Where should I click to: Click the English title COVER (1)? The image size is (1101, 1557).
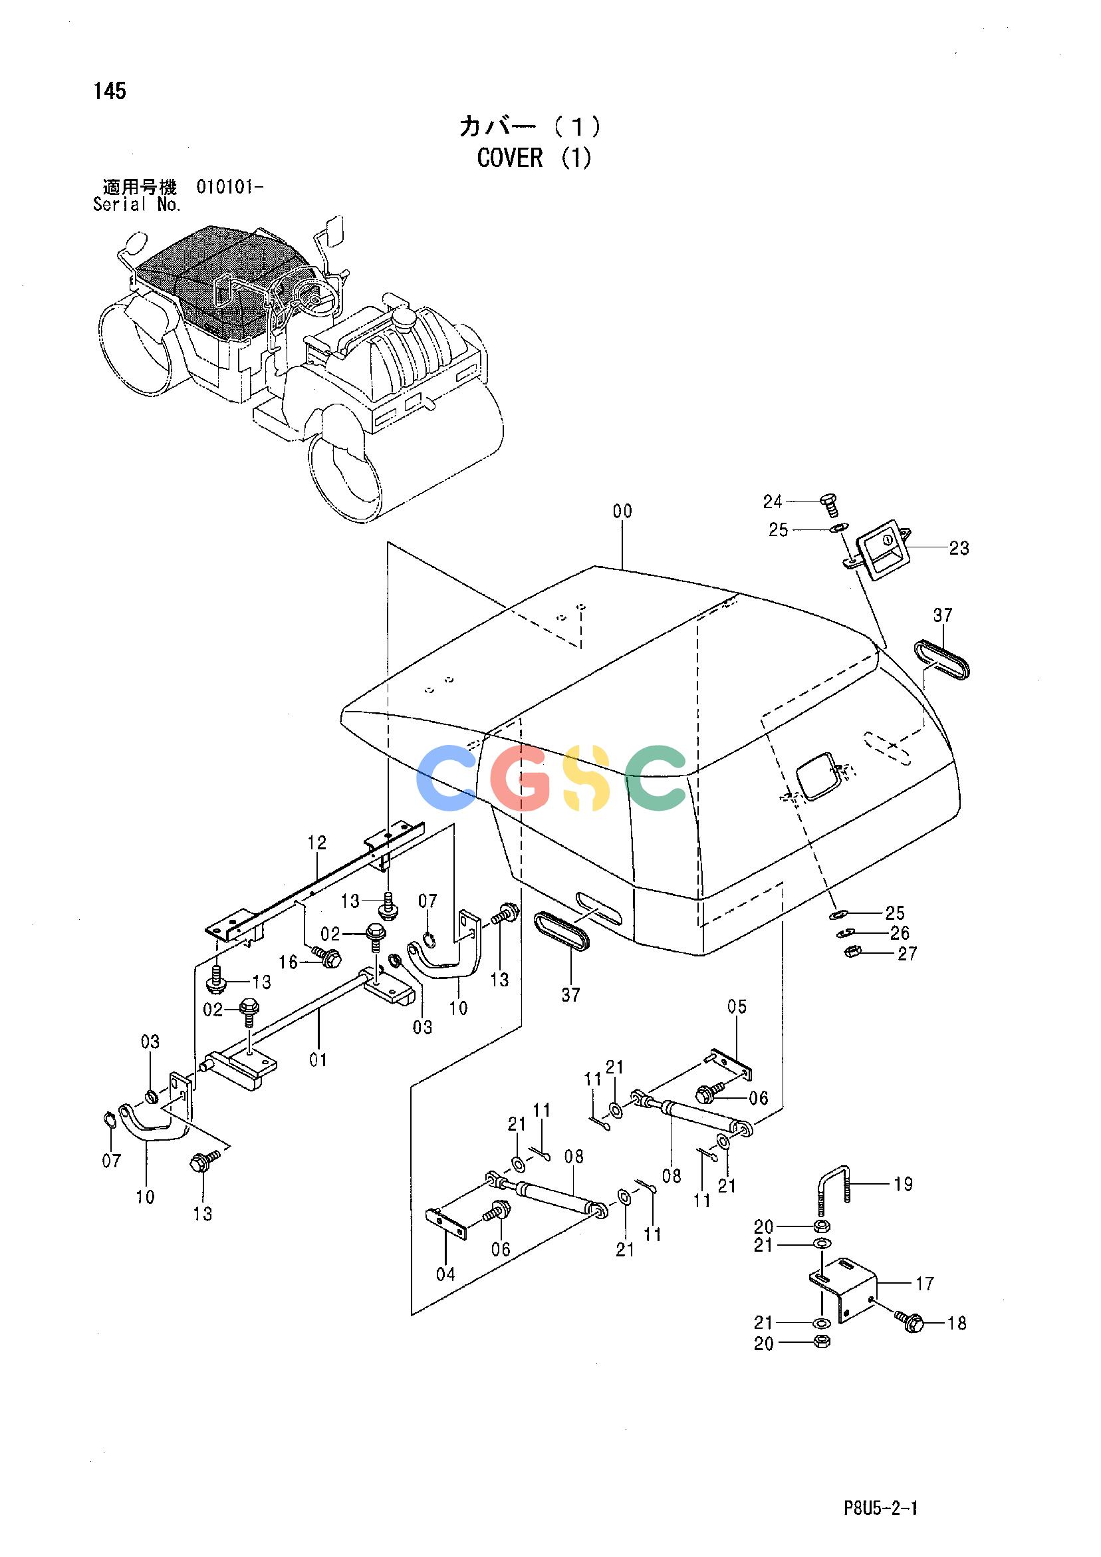pos(535,158)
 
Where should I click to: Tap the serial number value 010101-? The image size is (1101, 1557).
pos(230,186)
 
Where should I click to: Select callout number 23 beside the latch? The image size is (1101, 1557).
pos(959,547)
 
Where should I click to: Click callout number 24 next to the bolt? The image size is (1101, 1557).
pos(773,502)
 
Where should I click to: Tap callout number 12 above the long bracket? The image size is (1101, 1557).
pos(316,842)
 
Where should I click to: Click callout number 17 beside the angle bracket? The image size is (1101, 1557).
pos(925,1284)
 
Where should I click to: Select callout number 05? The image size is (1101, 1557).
pos(737,1006)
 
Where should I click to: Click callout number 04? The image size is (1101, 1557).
pos(445,1274)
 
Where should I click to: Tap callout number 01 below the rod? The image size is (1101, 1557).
pos(318,1060)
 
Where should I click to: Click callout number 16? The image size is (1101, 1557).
pos(288,962)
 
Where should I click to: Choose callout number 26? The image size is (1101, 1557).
pos(900,933)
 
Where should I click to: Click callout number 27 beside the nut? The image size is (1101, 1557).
pos(907,954)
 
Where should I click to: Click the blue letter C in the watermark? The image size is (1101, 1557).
pos(450,777)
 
